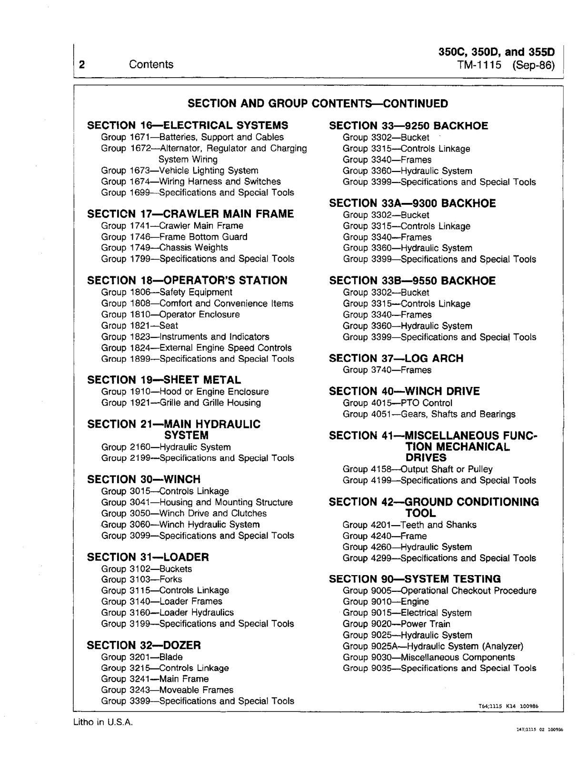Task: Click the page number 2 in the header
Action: tap(82, 64)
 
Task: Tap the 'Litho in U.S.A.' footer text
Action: tap(103, 722)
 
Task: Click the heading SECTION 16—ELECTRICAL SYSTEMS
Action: tap(188, 125)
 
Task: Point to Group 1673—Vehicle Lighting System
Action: tap(179, 171)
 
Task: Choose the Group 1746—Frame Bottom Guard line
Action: tap(174, 237)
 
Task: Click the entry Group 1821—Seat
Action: tap(139, 325)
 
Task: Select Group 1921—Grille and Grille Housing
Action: tap(181, 403)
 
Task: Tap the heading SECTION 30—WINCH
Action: tap(144, 479)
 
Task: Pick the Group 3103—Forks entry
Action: tap(141, 579)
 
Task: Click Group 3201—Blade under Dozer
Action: tap(142, 657)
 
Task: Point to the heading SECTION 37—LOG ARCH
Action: tap(396, 358)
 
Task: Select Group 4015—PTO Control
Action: tap(398, 403)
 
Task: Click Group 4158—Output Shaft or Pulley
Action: tap(418, 469)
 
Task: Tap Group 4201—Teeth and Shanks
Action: tap(409, 525)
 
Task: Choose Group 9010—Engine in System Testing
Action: tap(386, 602)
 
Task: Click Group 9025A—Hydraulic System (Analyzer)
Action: tap(433, 646)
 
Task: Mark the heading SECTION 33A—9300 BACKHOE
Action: tap(412, 203)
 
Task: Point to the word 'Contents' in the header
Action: tap(151, 64)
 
